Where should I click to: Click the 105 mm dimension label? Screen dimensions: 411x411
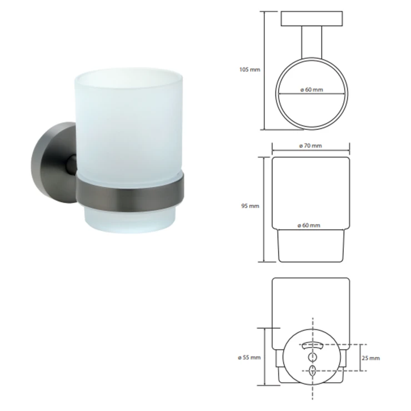point(249,69)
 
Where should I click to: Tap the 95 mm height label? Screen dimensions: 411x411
point(250,206)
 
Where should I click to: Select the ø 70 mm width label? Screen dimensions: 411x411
point(310,146)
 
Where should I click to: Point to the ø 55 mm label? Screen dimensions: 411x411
point(249,358)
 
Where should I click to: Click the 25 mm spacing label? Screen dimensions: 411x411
point(370,358)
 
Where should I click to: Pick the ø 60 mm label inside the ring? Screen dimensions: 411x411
point(312,89)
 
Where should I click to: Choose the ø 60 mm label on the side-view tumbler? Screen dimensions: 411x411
point(309,225)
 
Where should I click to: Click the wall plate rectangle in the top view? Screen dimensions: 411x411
point(312,19)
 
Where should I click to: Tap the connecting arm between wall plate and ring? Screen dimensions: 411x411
point(312,42)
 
